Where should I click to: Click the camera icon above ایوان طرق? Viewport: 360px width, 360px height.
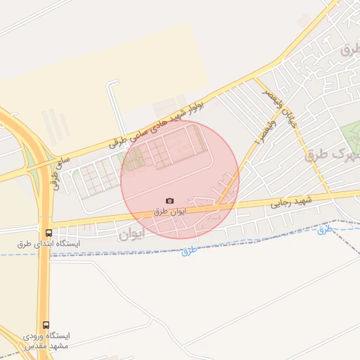(169, 201)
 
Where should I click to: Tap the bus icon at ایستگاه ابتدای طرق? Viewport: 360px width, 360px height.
(48, 233)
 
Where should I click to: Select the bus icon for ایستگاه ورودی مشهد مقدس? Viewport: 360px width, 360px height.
(46, 326)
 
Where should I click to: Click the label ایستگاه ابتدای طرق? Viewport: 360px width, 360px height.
(49, 243)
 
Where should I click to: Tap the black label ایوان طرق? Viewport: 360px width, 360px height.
(170, 211)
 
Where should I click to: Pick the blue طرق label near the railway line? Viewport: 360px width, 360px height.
(324, 229)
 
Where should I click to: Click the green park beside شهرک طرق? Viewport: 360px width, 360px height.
(349, 135)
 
